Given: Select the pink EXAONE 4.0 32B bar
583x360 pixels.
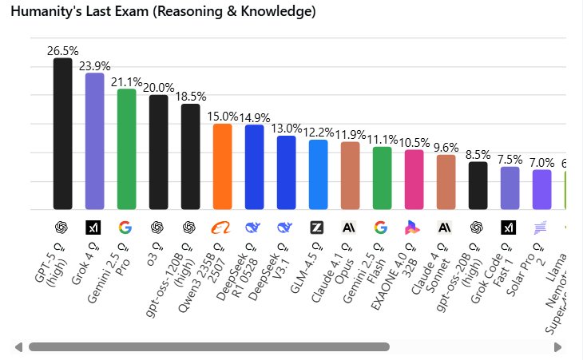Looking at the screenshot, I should point(414,179).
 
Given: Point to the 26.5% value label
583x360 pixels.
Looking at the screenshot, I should point(62,50).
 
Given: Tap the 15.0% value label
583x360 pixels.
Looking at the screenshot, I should point(223,116).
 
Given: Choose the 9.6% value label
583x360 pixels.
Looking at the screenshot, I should point(446,147).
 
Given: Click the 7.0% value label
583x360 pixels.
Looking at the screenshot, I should point(541,162).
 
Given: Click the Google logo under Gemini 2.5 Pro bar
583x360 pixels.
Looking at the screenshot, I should point(125,227).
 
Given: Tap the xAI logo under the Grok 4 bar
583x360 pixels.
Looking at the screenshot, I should point(93,227).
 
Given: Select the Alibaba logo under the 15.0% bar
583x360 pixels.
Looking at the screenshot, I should point(221,227).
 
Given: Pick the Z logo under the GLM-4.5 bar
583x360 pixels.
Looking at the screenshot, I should point(317,227).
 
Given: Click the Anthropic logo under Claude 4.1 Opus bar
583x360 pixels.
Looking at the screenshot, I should point(349,227).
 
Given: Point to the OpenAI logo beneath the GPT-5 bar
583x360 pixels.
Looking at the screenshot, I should point(61,227).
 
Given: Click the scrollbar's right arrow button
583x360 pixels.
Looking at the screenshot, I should point(557,347).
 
